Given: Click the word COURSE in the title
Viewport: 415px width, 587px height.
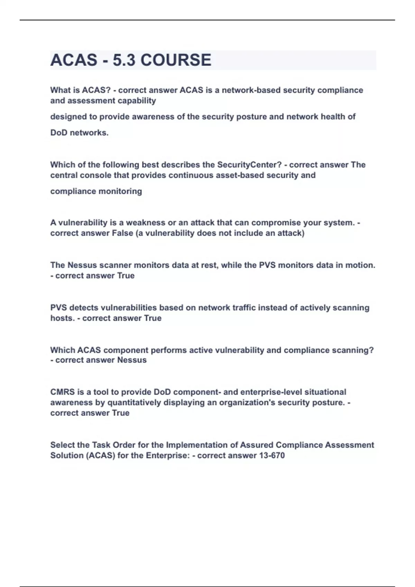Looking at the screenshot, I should [x=176, y=60].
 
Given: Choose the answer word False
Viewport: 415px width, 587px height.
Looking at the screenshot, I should [x=122, y=233].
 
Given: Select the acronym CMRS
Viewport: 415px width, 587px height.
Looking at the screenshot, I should [x=62, y=392].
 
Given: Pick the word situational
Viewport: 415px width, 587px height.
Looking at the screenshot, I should [x=325, y=392].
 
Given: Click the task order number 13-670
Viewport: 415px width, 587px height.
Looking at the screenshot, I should [x=271, y=455].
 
